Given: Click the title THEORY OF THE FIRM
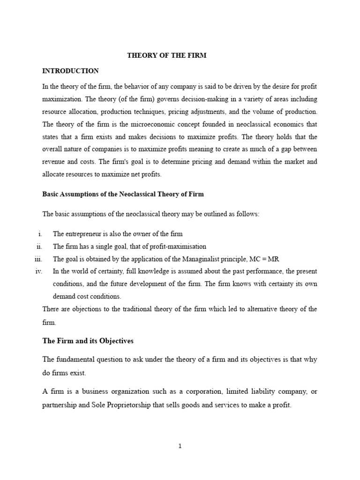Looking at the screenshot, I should (x=167, y=55).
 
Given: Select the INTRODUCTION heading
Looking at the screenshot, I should (x=70, y=71).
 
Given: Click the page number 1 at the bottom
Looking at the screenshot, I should (x=180, y=446).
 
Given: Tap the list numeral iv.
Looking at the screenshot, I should (x=38, y=271).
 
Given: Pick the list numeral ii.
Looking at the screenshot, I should (x=39, y=247).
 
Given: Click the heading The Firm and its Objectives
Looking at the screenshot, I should (x=88, y=341).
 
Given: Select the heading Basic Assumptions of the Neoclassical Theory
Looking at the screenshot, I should (x=123, y=194).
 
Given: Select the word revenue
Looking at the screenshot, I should (x=55, y=161).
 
